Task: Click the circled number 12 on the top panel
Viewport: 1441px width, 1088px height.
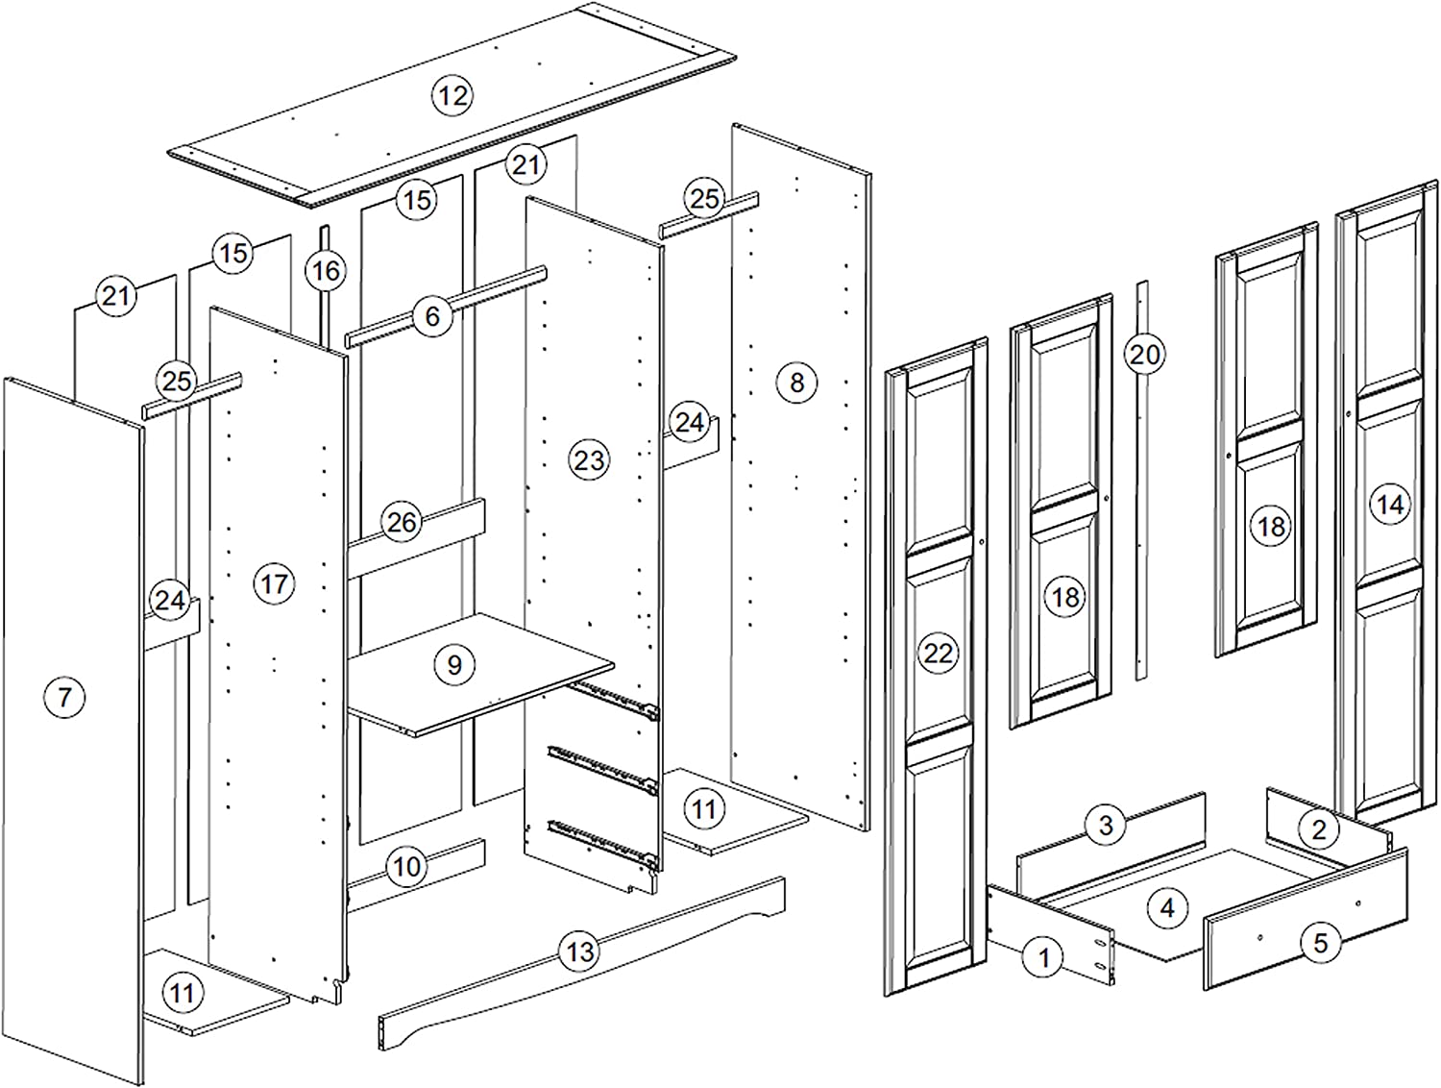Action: [452, 95]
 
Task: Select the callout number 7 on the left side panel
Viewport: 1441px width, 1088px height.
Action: [64, 696]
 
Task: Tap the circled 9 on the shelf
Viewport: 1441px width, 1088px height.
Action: [454, 664]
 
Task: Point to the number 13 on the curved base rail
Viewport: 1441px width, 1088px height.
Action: [579, 952]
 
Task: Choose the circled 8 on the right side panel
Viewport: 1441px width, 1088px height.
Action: [796, 383]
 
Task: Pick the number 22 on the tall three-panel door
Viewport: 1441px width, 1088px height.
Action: [938, 654]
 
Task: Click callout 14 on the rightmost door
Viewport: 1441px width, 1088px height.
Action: [1390, 505]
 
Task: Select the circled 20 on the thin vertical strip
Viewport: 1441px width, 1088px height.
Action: [1144, 355]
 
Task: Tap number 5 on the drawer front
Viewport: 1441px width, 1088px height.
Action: [1320, 943]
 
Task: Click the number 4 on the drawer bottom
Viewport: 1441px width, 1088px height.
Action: [1167, 907]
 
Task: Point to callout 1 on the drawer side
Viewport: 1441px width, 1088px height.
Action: [1044, 956]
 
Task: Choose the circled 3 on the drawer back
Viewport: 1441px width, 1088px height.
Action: [1106, 825]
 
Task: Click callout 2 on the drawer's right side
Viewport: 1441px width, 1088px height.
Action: [1319, 829]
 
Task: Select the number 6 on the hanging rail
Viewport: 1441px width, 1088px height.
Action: [432, 316]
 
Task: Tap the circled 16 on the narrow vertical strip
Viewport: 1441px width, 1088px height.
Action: [326, 270]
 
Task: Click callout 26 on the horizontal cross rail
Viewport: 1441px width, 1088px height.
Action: [402, 522]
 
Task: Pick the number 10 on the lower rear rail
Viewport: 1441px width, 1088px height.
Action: [406, 867]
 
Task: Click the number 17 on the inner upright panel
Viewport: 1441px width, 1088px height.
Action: [274, 583]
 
